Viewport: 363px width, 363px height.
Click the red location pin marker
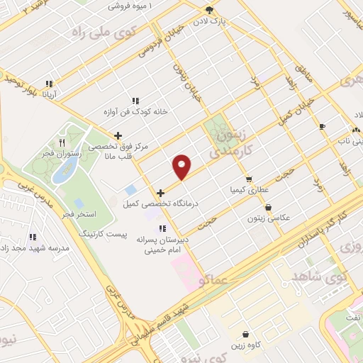click(x=182, y=167)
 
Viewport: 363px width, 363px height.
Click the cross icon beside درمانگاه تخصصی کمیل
click(x=161, y=193)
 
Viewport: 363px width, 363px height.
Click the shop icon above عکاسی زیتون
click(x=269, y=207)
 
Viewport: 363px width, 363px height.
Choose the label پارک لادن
click(x=232, y=21)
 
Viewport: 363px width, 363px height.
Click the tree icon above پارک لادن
click(x=209, y=9)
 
